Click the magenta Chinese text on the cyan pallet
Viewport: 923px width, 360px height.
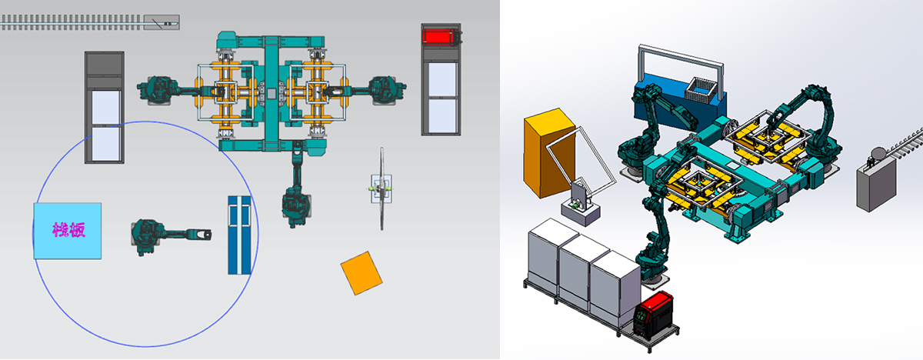point(68,230)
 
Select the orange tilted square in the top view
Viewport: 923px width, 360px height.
point(362,273)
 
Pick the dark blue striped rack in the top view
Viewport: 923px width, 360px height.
point(239,235)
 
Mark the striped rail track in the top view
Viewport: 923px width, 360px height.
point(72,22)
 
